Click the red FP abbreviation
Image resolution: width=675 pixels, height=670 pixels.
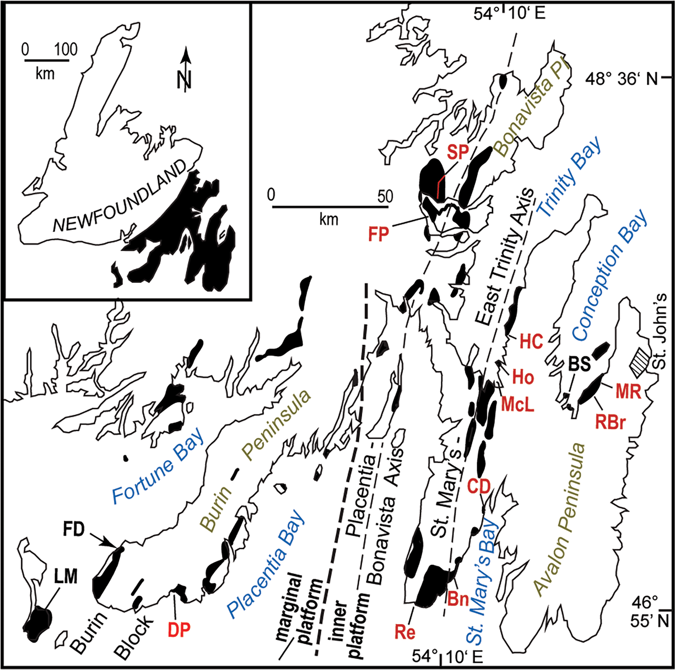tap(379, 234)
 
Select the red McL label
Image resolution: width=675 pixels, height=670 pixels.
tap(517, 404)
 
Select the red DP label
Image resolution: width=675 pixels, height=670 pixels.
tap(180, 630)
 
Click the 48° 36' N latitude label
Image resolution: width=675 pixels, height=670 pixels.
tap(622, 79)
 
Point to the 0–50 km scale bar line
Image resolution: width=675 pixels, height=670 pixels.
tap(330, 207)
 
